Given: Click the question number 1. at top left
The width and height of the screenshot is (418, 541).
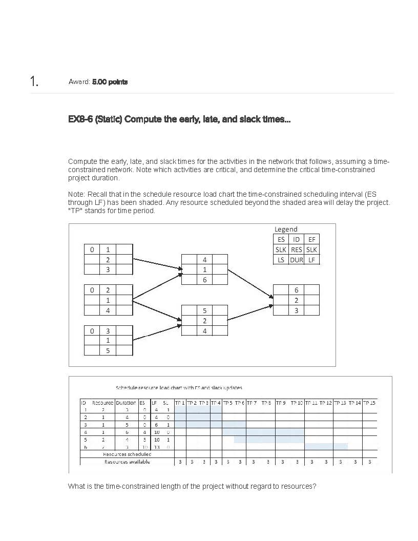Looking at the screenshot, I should pos(34,82).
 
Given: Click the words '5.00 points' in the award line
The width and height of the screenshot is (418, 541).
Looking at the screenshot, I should pos(110,82).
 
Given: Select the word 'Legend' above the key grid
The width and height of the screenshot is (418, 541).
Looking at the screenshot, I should pos(286,229).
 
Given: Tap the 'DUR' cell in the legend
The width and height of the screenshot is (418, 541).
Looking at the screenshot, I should pos(296,260).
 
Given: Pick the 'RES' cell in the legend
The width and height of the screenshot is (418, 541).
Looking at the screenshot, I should pos(296,249).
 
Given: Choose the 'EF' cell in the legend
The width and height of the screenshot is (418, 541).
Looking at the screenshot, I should pos(311,239).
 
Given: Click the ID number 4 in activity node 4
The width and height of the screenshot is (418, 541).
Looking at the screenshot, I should pos(204,260).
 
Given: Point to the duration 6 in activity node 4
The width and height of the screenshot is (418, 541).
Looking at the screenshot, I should pos(204,280).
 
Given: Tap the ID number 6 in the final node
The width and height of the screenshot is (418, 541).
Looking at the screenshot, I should pos(296,290).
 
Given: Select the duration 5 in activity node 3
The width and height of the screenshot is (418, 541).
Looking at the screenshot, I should pos(108,351).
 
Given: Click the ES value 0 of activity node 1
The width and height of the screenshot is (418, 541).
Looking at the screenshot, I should pos(92,249).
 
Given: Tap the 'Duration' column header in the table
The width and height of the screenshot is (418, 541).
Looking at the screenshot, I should pos(126,403).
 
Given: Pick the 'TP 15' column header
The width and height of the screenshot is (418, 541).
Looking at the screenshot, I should pos(369,403).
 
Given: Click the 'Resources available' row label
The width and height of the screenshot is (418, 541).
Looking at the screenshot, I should pos(127,462).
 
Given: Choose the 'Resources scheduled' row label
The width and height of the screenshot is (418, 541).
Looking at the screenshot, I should pos(127,454).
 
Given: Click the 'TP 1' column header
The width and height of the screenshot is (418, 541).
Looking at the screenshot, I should pos(180,403).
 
